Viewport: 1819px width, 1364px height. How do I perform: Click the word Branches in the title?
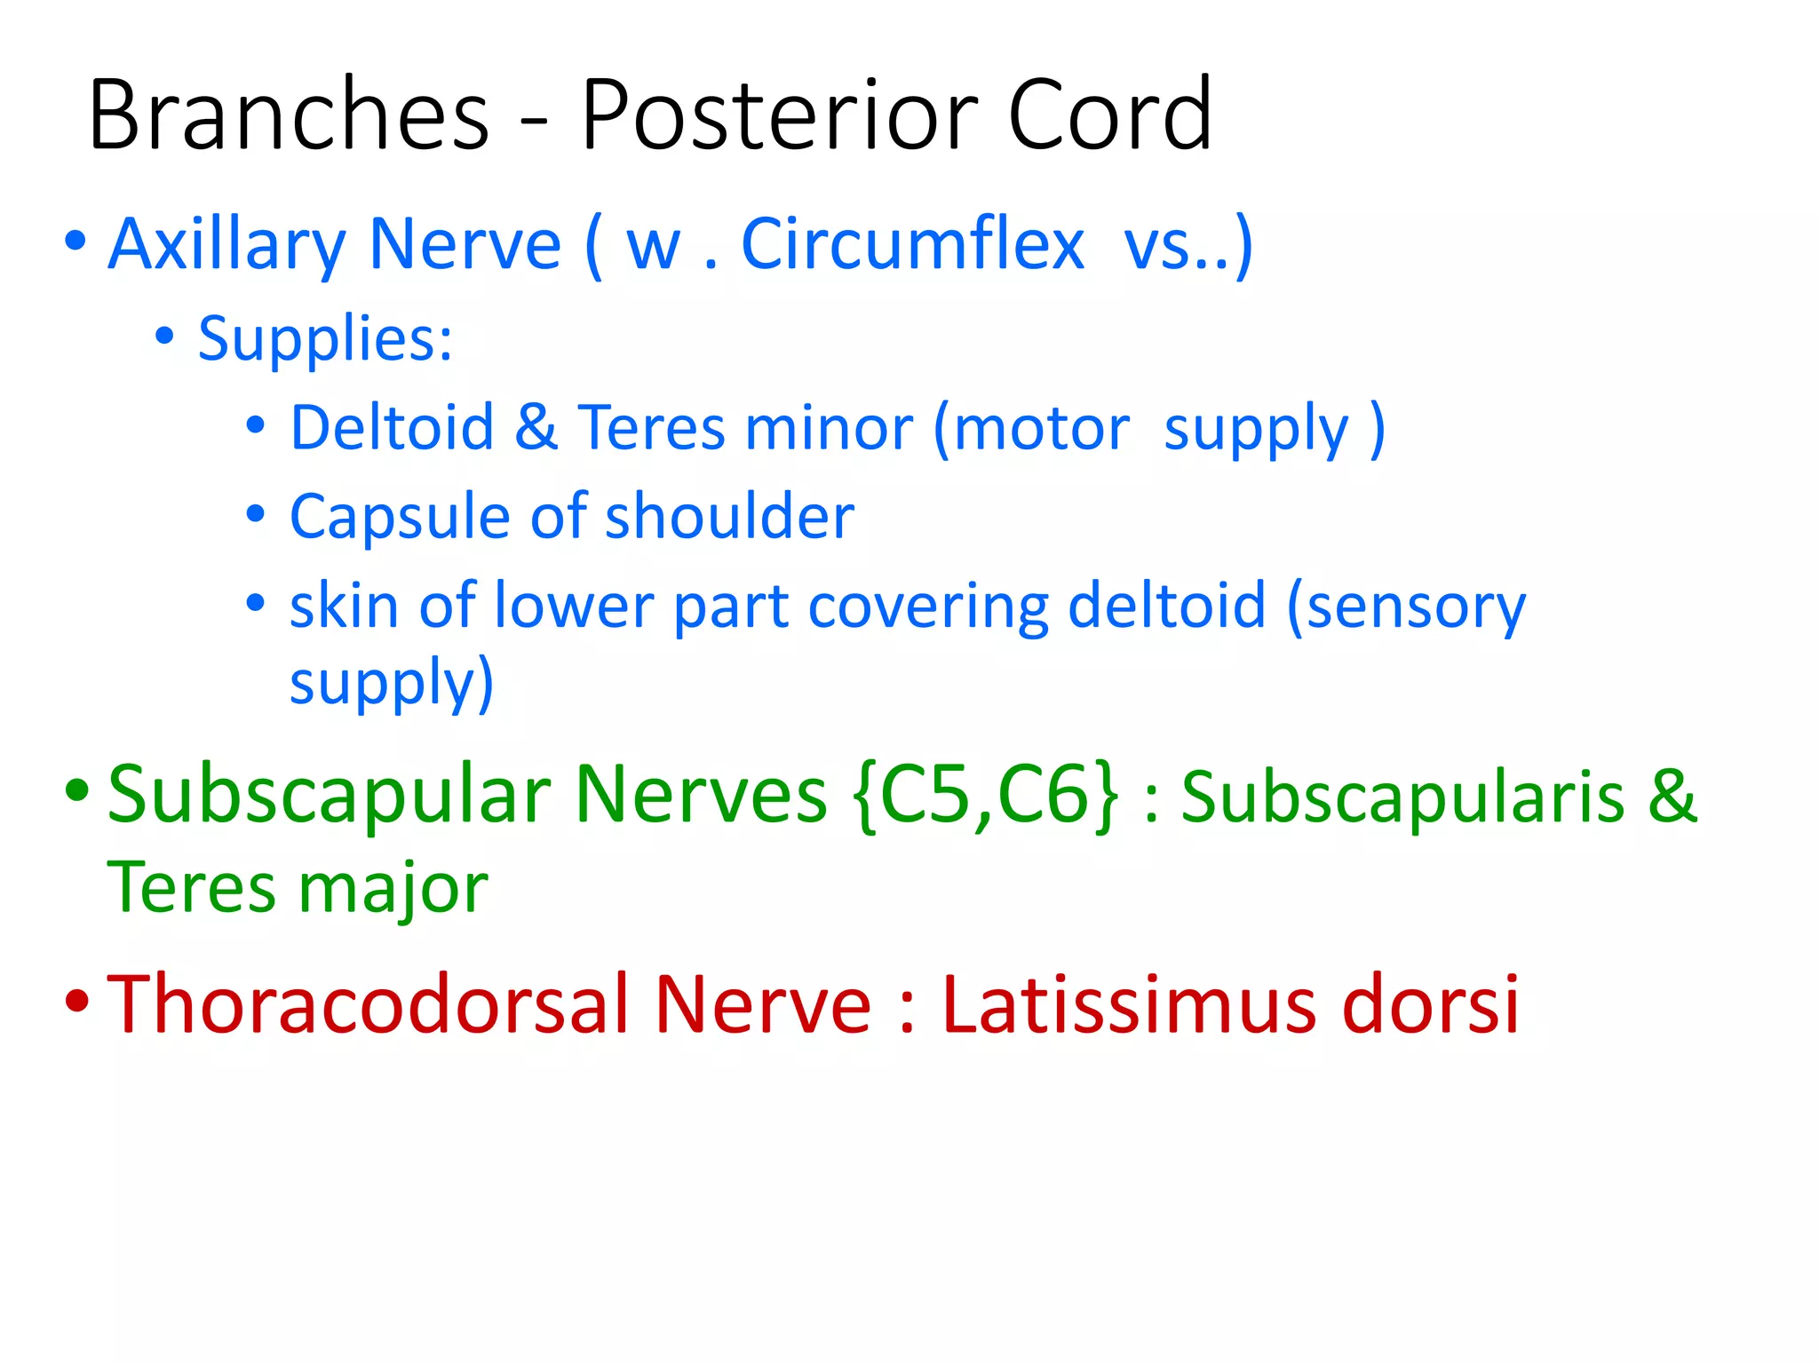[289, 115]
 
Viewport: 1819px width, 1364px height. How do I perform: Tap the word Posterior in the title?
[779, 115]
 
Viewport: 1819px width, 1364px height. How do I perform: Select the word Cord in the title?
[1109, 115]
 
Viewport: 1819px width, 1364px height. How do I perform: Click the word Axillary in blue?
[226, 246]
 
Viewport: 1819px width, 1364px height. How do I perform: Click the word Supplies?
[325, 339]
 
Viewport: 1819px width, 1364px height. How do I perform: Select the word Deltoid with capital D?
[392, 428]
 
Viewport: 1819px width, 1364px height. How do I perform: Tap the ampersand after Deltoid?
[536, 428]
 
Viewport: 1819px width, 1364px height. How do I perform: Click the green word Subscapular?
[333, 796]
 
